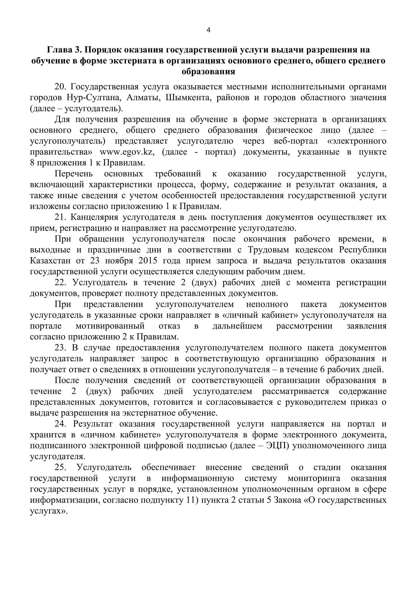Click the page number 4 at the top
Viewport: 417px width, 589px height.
(208, 30)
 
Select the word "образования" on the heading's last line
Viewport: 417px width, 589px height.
(208, 72)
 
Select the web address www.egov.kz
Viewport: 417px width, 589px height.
(127, 152)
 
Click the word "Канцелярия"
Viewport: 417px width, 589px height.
(94, 217)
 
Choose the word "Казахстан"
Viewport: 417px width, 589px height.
(50, 261)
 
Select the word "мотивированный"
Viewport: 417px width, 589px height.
(110, 326)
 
